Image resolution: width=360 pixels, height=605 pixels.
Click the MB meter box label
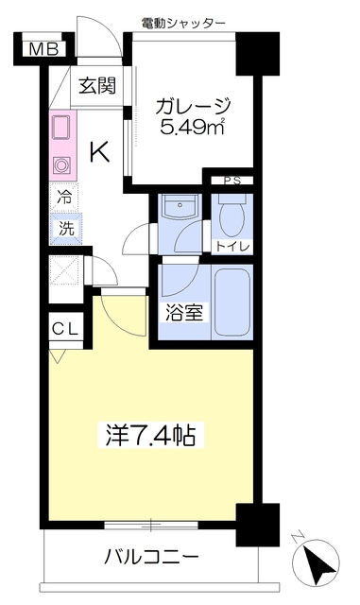[44, 49]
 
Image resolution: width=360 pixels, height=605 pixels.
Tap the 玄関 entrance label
[97, 85]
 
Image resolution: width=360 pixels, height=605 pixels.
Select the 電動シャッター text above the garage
[183, 24]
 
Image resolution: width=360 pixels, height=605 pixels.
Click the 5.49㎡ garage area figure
[193, 126]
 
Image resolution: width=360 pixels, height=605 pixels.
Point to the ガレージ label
[193, 106]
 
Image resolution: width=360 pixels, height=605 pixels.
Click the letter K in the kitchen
[99, 151]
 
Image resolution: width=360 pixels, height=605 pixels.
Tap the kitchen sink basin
[60, 127]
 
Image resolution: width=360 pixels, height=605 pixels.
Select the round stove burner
[61, 165]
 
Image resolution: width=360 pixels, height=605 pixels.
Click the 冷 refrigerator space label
[64, 197]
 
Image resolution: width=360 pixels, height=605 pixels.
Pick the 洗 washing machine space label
[65, 229]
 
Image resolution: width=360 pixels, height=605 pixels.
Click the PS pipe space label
[232, 181]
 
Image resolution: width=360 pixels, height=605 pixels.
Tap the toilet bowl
[231, 217]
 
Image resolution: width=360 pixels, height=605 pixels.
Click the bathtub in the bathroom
[232, 302]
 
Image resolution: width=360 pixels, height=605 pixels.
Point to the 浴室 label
[184, 312]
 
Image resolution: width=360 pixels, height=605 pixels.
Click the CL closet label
[65, 329]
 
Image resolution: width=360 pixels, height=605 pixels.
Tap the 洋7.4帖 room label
[150, 435]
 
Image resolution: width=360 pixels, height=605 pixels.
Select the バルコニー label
[151, 557]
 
